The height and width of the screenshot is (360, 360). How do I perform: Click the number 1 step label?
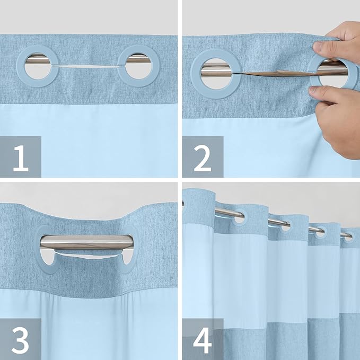pyautogui.click(x=20, y=157)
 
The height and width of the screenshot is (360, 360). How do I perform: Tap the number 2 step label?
pyautogui.click(x=203, y=157)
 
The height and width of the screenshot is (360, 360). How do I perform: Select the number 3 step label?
pyautogui.click(x=20, y=339)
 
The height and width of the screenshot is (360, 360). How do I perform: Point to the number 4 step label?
pyautogui.click(x=203, y=339)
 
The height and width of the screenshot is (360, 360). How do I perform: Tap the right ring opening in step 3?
pyautogui.click(x=127, y=258)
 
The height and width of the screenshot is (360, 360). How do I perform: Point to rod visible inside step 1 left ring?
pyautogui.click(x=41, y=62)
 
